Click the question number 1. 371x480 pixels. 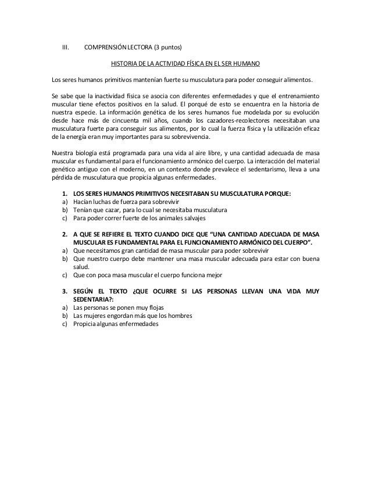point(64,193)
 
